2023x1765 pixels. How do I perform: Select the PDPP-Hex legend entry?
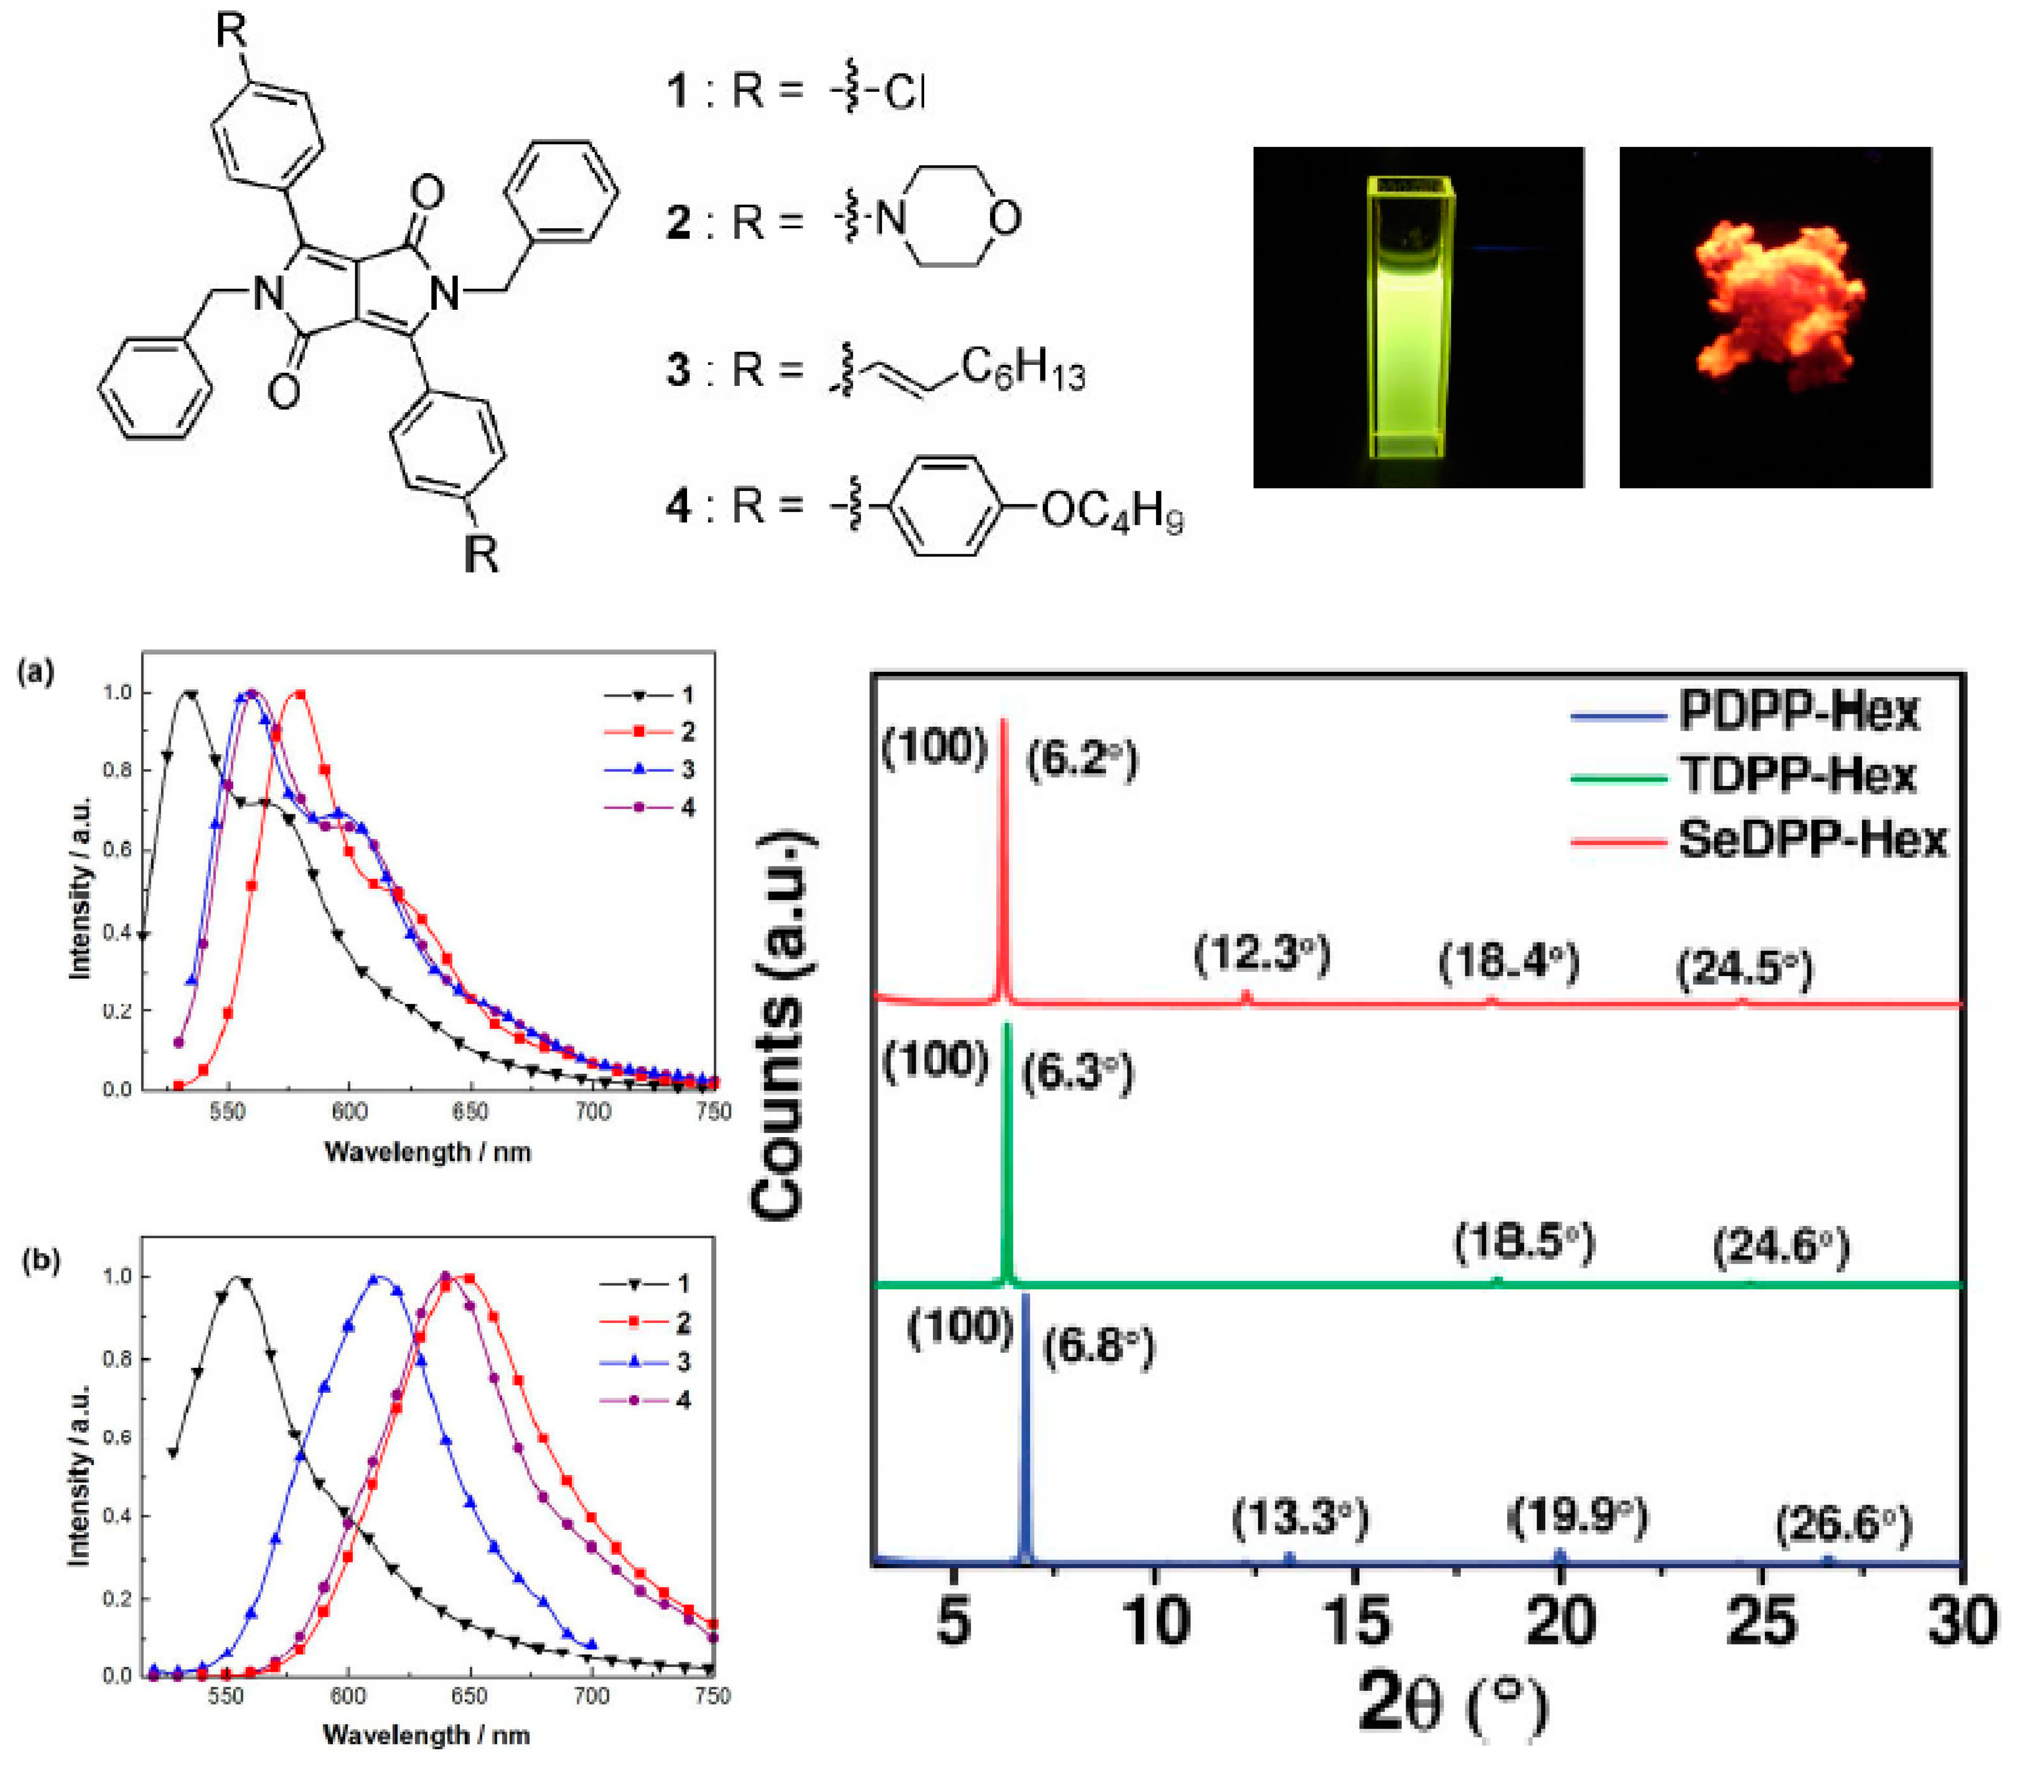[x=1798, y=711]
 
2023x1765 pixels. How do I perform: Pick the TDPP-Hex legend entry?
[x=1798, y=775]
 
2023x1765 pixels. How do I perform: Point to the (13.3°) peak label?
[x=1300, y=1518]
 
